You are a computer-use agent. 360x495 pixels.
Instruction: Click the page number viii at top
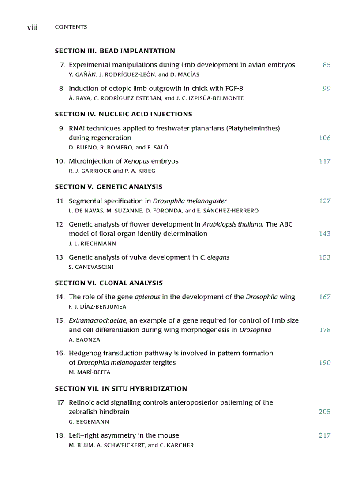32,27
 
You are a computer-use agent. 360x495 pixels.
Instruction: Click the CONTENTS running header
71,27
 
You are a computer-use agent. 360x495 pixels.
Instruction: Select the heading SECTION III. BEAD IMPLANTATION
115,51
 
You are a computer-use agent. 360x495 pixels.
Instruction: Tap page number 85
326,65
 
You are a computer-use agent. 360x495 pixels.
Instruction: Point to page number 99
326,89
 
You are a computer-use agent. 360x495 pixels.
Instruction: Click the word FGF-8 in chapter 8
234,89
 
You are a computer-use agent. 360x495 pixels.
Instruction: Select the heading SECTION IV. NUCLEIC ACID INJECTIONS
124,115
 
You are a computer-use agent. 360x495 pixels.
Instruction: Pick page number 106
325,138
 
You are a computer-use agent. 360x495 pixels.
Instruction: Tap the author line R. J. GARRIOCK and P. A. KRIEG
112,171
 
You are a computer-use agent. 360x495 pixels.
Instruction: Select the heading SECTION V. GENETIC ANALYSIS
109,187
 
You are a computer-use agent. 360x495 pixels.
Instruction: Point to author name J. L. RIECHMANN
93,244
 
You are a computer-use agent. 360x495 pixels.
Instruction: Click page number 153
325,257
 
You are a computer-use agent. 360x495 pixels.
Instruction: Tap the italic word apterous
147,297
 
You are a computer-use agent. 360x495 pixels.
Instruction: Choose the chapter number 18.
60,435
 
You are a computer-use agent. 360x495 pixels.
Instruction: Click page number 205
325,412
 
